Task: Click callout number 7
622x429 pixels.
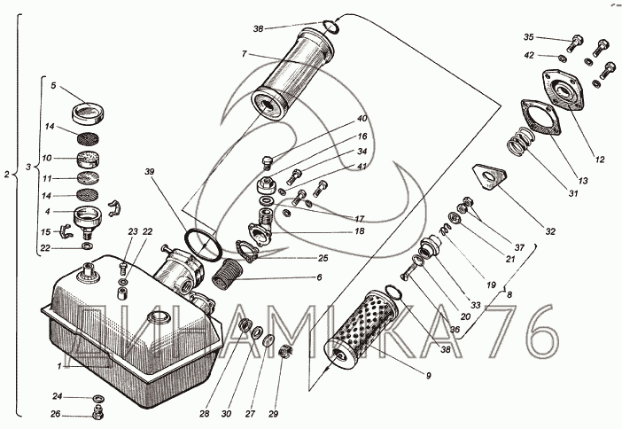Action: pyautogui.click(x=243, y=54)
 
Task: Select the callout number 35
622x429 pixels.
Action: pyautogui.click(x=529, y=37)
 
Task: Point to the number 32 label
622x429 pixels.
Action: pyautogui.click(x=551, y=232)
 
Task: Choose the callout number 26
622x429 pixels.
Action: pyautogui.click(x=55, y=414)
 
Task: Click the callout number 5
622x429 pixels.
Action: pyautogui.click(x=53, y=86)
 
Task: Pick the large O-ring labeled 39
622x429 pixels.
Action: pyautogui.click(x=204, y=242)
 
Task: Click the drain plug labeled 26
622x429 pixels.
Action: pyautogui.click(x=96, y=411)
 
